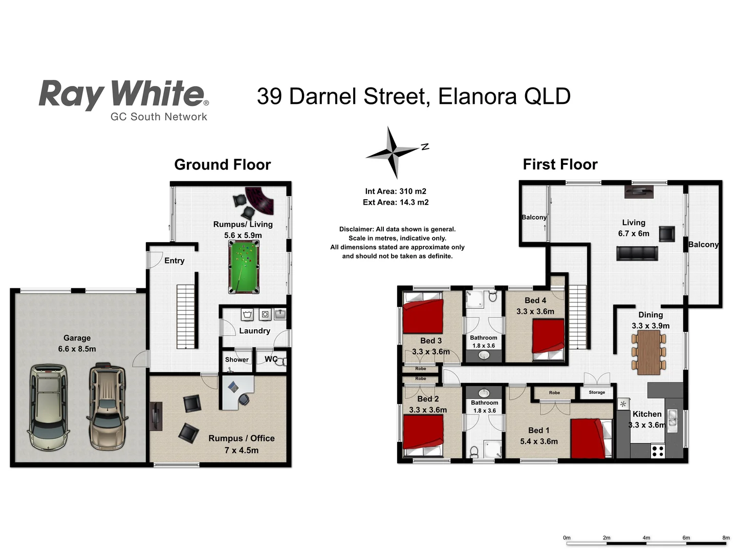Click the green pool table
click(243, 268)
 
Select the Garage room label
click(77, 338)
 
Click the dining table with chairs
click(648, 352)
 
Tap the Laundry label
click(254, 331)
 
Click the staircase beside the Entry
click(187, 316)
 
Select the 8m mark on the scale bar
click(726, 538)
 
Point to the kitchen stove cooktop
click(658, 451)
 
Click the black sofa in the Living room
click(637, 253)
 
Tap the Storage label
click(597, 392)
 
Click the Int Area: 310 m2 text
click(396, 192)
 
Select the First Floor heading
click(560, 164)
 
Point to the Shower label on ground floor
click(236, 359)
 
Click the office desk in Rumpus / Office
click(236, 392)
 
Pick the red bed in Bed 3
click(423, 316)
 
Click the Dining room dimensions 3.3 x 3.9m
click(651, 326)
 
